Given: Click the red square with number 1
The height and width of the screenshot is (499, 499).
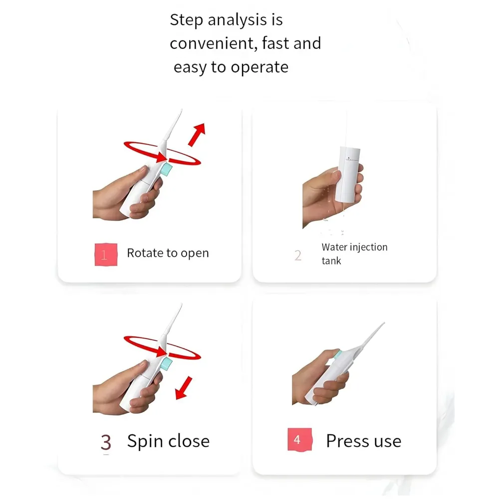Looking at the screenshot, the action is pyautogui.click(x=106, y=254).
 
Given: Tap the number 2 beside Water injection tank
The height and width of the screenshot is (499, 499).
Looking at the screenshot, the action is pyautogui.click(x=298, y=255).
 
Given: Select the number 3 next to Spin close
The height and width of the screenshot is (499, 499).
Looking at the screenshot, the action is pyautogui.click(x=106, y=442).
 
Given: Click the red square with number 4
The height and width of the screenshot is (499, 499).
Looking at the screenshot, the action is pyautogui.click(x=299, y=440).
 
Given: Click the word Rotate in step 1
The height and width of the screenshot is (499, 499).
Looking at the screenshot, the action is pyautogui.click(x=145, y=253).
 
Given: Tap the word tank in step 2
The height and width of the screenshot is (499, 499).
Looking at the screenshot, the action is pyautogui.click(x=331, y=261).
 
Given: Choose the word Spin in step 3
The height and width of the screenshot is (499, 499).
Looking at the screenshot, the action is pyautogui.click(x=145, y=442).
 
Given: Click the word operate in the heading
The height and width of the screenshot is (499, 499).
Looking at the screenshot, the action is pyautogui.click(x=259, y=68).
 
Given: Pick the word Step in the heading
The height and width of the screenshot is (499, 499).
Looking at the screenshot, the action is pyautogui.click(x=187, y=20).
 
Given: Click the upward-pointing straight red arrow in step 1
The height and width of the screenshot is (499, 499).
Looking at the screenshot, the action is pyautogui.click(x=197, y=135).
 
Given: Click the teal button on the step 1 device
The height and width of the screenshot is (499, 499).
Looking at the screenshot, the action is pyautogui.click(x=167, y=169).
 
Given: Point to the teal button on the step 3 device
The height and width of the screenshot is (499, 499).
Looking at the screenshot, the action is pyautogui.click(x=167, y=363).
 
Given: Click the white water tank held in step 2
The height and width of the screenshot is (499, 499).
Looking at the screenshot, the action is pyautogui.click(x=349, y=174).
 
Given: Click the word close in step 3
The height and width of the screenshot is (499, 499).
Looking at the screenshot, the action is pyautogui.click(x=189, y=441).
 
